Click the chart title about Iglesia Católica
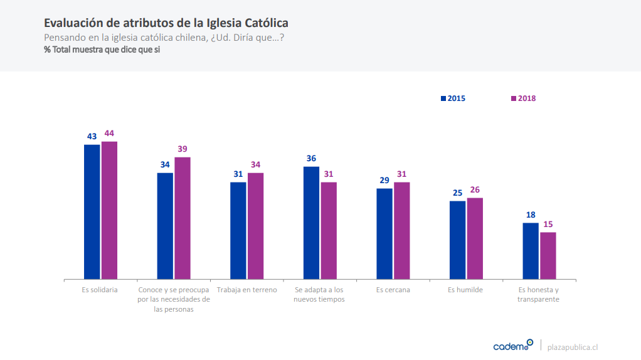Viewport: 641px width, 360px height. tap(166, 23)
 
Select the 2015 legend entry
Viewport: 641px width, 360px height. tap(453, 98)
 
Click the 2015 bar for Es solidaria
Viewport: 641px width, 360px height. tap(92, 211)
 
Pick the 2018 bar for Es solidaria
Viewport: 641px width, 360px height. tap(110, 210)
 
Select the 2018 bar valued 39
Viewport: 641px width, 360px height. tap(183, 218)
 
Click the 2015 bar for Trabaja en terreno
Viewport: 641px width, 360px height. tap(238, 230)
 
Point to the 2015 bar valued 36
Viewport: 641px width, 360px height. tap(311, 223)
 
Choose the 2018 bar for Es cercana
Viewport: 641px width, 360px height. tap(402, 230)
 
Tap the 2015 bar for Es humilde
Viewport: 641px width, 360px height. tap(457, 240)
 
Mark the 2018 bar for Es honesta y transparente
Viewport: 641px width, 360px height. tap(548, 255)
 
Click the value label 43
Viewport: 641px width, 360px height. tap(92, 136)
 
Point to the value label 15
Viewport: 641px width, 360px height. tap(548, 224)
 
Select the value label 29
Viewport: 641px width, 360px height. tap(384, 180)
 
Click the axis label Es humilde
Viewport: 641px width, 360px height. tap(465, 290)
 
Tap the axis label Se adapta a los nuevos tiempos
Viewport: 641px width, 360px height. tap(319, 295)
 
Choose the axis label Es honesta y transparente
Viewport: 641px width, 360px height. tap(538, 295)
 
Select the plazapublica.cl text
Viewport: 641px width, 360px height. tap(573, 347)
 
